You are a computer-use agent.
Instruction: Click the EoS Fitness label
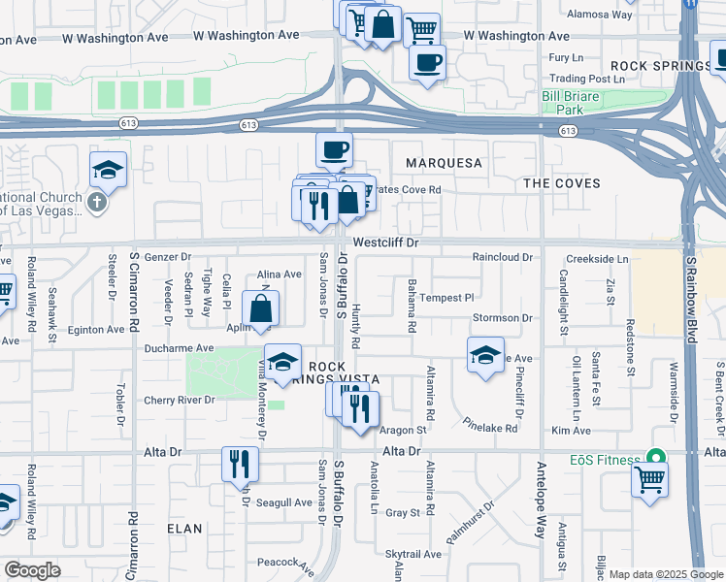click(x=601, y=459)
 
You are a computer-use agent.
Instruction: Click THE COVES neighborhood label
click(x=561, y=183)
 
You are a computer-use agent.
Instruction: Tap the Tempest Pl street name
click(x=446, y=298)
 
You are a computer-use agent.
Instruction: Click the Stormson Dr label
click(x=503, y=318)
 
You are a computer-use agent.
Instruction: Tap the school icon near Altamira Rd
click(x=485, y=355)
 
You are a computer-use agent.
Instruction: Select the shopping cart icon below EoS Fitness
click(x=649, y=479)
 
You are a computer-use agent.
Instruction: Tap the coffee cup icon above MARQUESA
click(x=334, y=149)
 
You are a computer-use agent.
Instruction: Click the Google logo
click(x=32, y=570)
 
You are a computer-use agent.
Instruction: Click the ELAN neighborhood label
click(x=184, y=529)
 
